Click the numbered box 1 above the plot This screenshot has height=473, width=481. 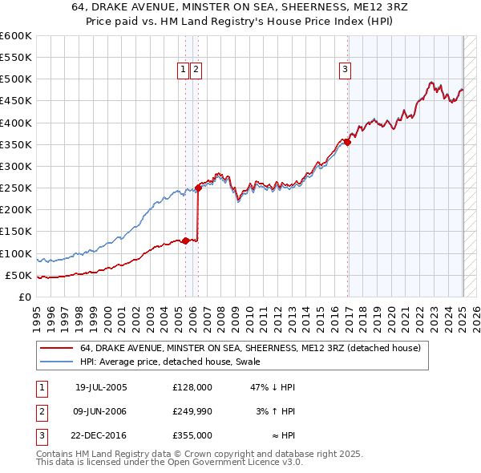pos(184,70)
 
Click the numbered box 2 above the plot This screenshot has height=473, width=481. pos(196,70)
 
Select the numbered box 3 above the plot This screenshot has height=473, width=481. pos(345,70)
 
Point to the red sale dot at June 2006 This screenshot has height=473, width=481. pos(198,188)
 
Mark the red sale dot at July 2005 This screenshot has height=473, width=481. pos(185,241)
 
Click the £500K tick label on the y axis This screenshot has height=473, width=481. pos(16,79)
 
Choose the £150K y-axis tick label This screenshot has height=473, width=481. pos(16,232)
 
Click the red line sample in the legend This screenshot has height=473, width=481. pos(56,349)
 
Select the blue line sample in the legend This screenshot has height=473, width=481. pos(56,362)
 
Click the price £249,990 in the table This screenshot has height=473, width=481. pos(192,411)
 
